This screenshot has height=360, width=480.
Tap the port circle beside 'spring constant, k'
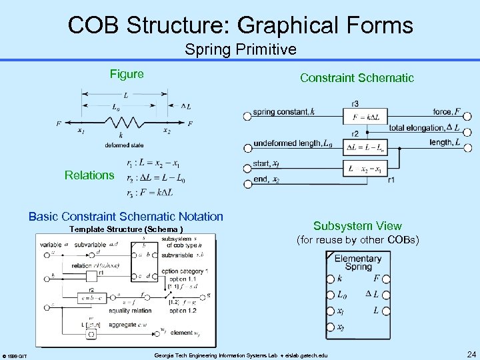coord(247,115)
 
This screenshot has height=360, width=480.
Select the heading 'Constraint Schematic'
coord(357,78)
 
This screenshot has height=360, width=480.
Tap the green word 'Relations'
coord(89,175)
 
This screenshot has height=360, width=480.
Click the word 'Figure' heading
coord(127,74)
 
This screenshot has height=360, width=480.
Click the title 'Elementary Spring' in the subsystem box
coord(358,263)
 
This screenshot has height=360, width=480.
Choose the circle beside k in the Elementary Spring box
coord(331,279)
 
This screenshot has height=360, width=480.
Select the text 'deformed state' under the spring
coord(124,145)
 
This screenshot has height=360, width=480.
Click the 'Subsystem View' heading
coord(357,226)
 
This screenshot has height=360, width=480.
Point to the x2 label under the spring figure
coord(167,131)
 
